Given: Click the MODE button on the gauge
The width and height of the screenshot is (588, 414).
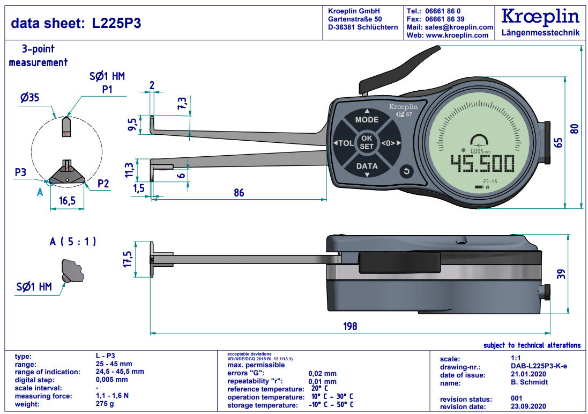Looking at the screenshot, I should coord(367,120).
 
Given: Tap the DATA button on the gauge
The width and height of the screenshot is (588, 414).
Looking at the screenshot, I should coord(367,166).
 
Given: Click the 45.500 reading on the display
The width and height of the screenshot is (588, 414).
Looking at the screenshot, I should coord(482,164).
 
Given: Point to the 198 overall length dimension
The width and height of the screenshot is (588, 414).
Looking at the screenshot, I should coord(349,326).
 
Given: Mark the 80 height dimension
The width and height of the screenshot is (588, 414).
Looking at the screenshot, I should coord(575,128).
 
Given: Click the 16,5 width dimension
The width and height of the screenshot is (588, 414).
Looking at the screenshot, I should coord(67,201).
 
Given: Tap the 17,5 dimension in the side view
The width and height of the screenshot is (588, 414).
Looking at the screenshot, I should coord(128,259).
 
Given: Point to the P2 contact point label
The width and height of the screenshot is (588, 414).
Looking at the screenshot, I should coord(103,183).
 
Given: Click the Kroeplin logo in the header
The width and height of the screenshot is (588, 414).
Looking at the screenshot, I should coord(540,17).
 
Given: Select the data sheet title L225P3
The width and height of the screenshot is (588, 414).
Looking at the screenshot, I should coord(76,23).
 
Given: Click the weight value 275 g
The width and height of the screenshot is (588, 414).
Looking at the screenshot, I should coord(105,404).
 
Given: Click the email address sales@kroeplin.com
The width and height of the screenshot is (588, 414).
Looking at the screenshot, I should coord(459,27).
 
